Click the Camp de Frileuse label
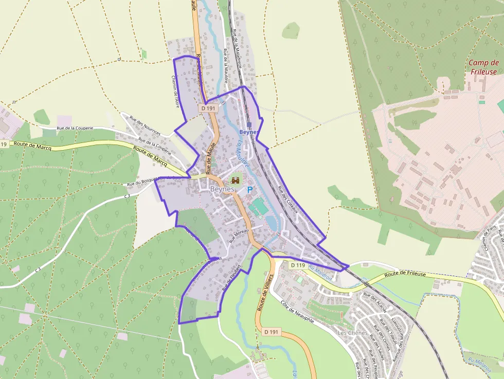pos(483,67)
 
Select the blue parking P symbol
pos(250,190)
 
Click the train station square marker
pos(249,125)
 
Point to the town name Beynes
pos(222,189)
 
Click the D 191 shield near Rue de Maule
pos(208,109)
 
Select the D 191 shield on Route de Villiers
pos(271,332)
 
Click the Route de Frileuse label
pos(405,274)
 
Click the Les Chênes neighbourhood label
pos(353,333)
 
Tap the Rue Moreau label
pos(239,234)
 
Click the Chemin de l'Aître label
pos(174,92)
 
